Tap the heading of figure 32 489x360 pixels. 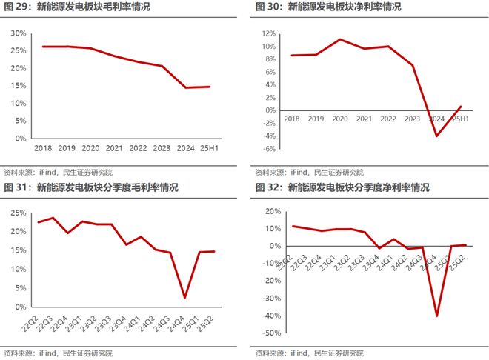point(342,188)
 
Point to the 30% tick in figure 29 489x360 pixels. point(19,33)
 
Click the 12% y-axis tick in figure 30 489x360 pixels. point(267,33)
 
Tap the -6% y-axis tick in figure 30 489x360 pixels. point(267,148)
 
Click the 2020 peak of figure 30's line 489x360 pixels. point(340,39)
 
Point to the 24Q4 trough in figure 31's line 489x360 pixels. point(183,298)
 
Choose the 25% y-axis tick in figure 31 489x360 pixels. point(19,213)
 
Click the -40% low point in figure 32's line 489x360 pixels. point(436,316)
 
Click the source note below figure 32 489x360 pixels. point(310,353)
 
